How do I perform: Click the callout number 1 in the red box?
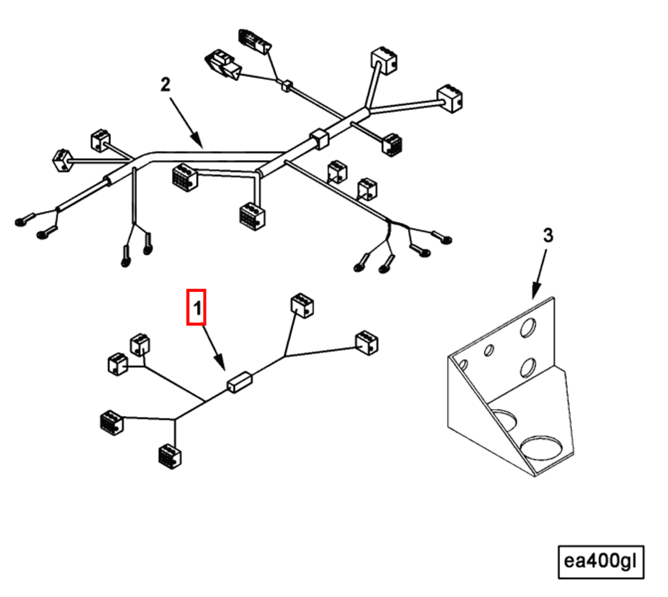196,307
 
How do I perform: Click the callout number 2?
165,85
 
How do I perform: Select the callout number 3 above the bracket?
548,235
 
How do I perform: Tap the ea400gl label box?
600,562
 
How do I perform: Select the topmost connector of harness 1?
302,306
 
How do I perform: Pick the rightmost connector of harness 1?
367,343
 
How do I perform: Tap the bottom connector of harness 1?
170,456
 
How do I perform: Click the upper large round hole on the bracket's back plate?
528,328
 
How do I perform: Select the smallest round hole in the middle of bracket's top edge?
489,350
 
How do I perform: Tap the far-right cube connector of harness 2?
450,98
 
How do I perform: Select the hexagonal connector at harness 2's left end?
62,160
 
